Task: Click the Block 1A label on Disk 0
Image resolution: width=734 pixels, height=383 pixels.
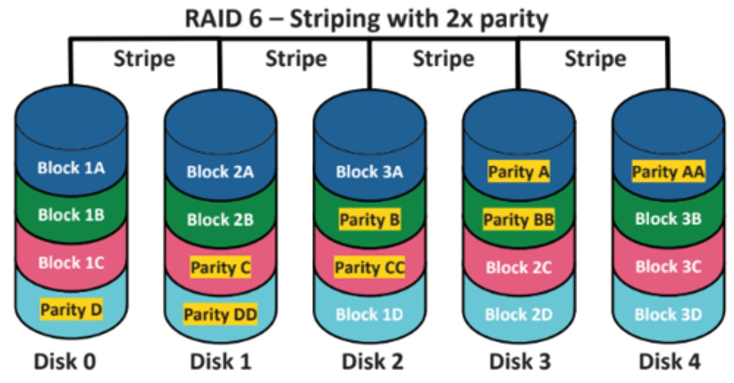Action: click(x=71, y=168)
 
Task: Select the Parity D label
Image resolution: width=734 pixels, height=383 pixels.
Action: click(x=71, y=310)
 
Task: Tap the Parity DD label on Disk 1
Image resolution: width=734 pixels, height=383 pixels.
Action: click(x=220, y=314)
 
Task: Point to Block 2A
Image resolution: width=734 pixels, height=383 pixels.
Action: click(x=220, y=172)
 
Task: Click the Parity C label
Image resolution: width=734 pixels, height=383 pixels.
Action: click(x=220, y=268)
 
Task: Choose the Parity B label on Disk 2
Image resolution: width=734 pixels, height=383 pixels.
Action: click(x=370, y=220)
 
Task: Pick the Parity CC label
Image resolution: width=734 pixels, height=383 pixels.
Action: click(x=370, y=268)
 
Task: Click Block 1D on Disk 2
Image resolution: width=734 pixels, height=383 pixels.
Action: click(x=370, y=314)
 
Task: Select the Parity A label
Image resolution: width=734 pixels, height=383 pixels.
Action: click(x=519, y=172)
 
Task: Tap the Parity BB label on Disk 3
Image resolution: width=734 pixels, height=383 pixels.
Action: click(x=519, y=220)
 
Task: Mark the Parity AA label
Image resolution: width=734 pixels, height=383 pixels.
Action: click(x=668, y=172)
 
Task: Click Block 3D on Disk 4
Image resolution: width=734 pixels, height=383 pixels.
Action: click(x=668, y=314)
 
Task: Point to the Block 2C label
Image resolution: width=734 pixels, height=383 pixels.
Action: click(x=519, y=268)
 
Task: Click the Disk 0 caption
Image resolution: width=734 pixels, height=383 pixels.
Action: click(x=65, y=362)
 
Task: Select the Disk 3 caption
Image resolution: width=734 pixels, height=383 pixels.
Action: click(x=520, y=362)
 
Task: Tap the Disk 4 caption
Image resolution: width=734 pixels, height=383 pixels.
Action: click(x=669, y=362)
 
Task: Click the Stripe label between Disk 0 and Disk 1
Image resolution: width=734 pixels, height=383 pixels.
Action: click(x=144, y=59)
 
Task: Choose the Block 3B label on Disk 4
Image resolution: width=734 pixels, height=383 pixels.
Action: click(x=668, y=219)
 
